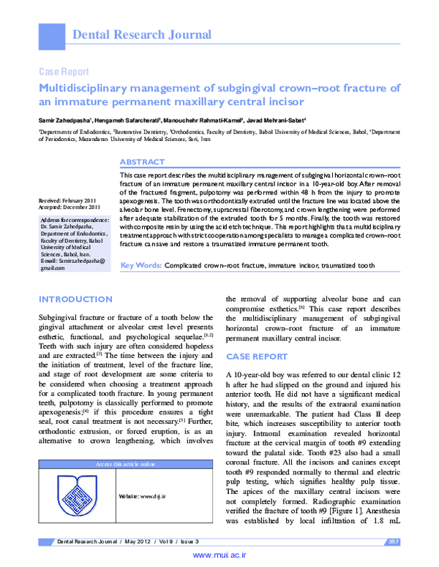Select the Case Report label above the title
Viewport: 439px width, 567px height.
point(64,72)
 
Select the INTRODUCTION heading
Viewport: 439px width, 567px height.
point(75,300)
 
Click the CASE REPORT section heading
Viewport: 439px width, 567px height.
point(257,356)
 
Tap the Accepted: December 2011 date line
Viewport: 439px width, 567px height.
point(70,207)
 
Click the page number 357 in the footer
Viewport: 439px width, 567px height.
point(391,541)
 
